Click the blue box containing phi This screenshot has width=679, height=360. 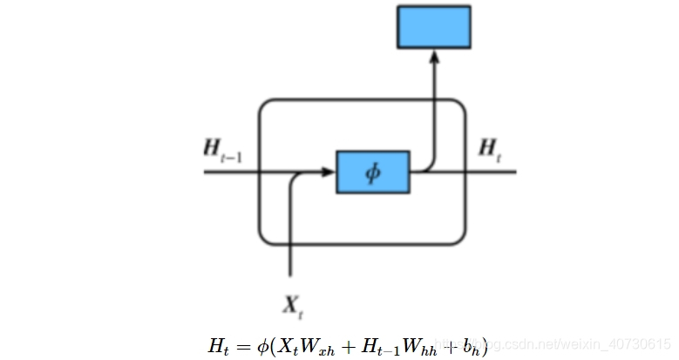[x=373, y=173]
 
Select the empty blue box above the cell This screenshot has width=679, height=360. [x=434, y=26]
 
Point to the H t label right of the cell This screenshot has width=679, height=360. [x=490, y=148]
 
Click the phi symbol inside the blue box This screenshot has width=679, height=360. [x=373, y=173]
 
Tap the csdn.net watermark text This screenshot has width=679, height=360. [x=558, y=344]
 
